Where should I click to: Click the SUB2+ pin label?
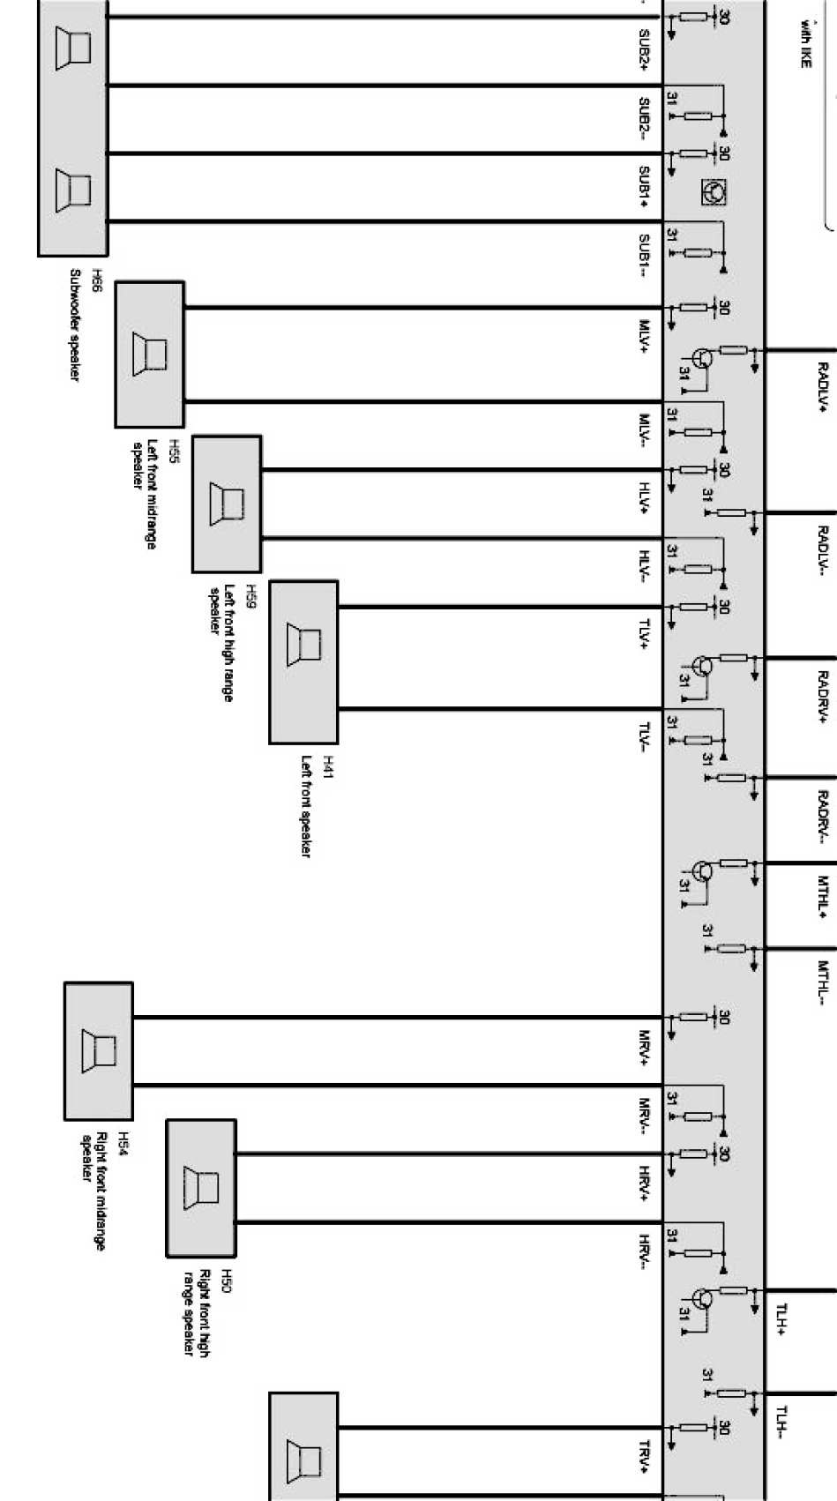[x=645, y=50]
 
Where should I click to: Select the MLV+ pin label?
[x=645, y=338]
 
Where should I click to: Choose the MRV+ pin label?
[x=645, y=1048]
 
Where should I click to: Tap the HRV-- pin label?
[x=645, y=1252]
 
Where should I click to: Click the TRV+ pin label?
[x=645, y=1457]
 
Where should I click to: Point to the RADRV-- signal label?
[x=822, y=817]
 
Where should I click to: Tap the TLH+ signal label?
[x=781, y=1319]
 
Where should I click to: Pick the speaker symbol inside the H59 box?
[x=227, y=504]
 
